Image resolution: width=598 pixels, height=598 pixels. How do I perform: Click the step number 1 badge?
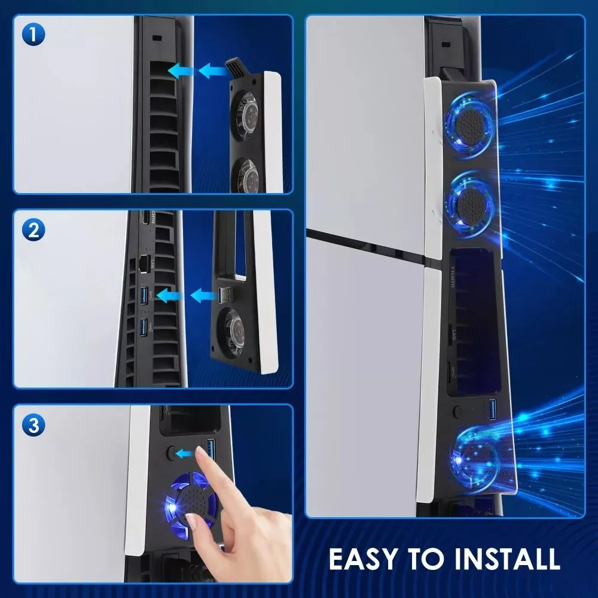point(33,35)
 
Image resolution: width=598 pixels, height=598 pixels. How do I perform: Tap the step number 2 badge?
point(33,230)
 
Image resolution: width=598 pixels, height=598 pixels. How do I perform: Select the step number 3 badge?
point(33,425)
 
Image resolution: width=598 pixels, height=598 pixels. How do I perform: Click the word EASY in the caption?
point(363,559)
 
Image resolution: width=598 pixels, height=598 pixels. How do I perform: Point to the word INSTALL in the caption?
point(507,559)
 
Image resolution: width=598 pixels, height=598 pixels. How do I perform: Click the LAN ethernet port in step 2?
point(144,264)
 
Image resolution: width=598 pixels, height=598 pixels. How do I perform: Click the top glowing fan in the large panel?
point(471,123)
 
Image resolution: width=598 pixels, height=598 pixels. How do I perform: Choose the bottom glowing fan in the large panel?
point(475,457)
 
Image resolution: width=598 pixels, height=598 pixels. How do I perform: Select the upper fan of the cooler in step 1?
point(245,113)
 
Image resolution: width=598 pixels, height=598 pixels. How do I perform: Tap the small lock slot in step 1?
point(156,38)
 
